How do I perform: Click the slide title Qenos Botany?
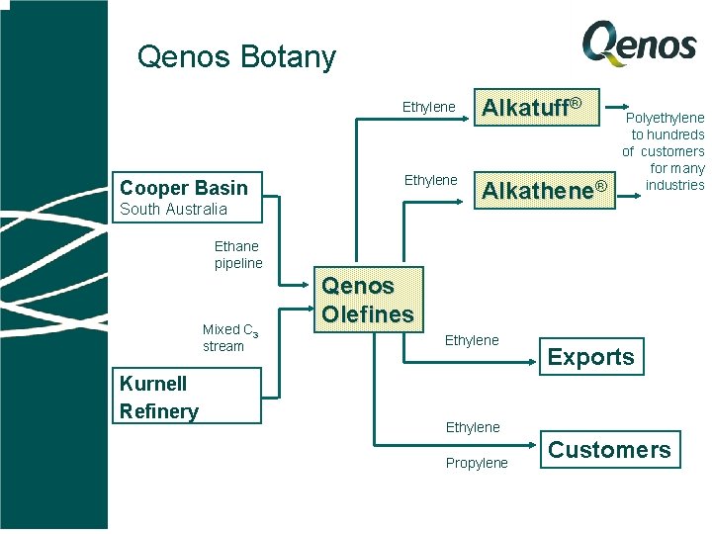pyautogui.click(x=236, y=57)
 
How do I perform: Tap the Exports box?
pyautogui.click(x=591, y=357)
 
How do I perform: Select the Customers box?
pyautogui.click(x=609, y=450)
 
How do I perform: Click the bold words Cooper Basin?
pyautogui.click(x=183, y=188)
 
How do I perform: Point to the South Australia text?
pyautogui.click(x=173, y=210)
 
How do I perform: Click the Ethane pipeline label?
pyautogui.click(x=238, y=254)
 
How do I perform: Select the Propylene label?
pyautogui.click(x=477, y=463)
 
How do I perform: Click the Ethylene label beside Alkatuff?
pyautogui.click(x=428, y=107)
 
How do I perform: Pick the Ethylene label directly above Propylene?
pyautogui.click(x=473, y=427)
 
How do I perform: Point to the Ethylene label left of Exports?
pyautogui.click(x=472, y=340)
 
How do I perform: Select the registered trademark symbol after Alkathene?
pyautogui.click(x=599, y=185)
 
